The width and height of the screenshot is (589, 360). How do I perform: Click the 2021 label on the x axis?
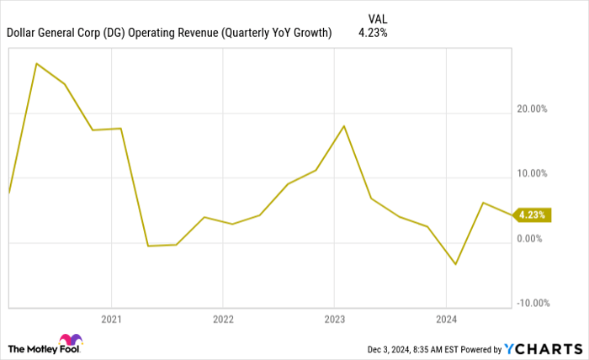(111, 319)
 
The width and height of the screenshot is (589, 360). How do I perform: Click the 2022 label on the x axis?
(222, 319)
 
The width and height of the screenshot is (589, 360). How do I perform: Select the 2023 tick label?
(334, 319)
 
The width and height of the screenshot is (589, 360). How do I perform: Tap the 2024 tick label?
(446, 319)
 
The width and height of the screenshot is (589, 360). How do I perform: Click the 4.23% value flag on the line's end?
(532, 214)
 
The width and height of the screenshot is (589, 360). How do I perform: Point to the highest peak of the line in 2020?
(36, 63)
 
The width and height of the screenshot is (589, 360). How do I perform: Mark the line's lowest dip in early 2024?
(455, 264)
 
